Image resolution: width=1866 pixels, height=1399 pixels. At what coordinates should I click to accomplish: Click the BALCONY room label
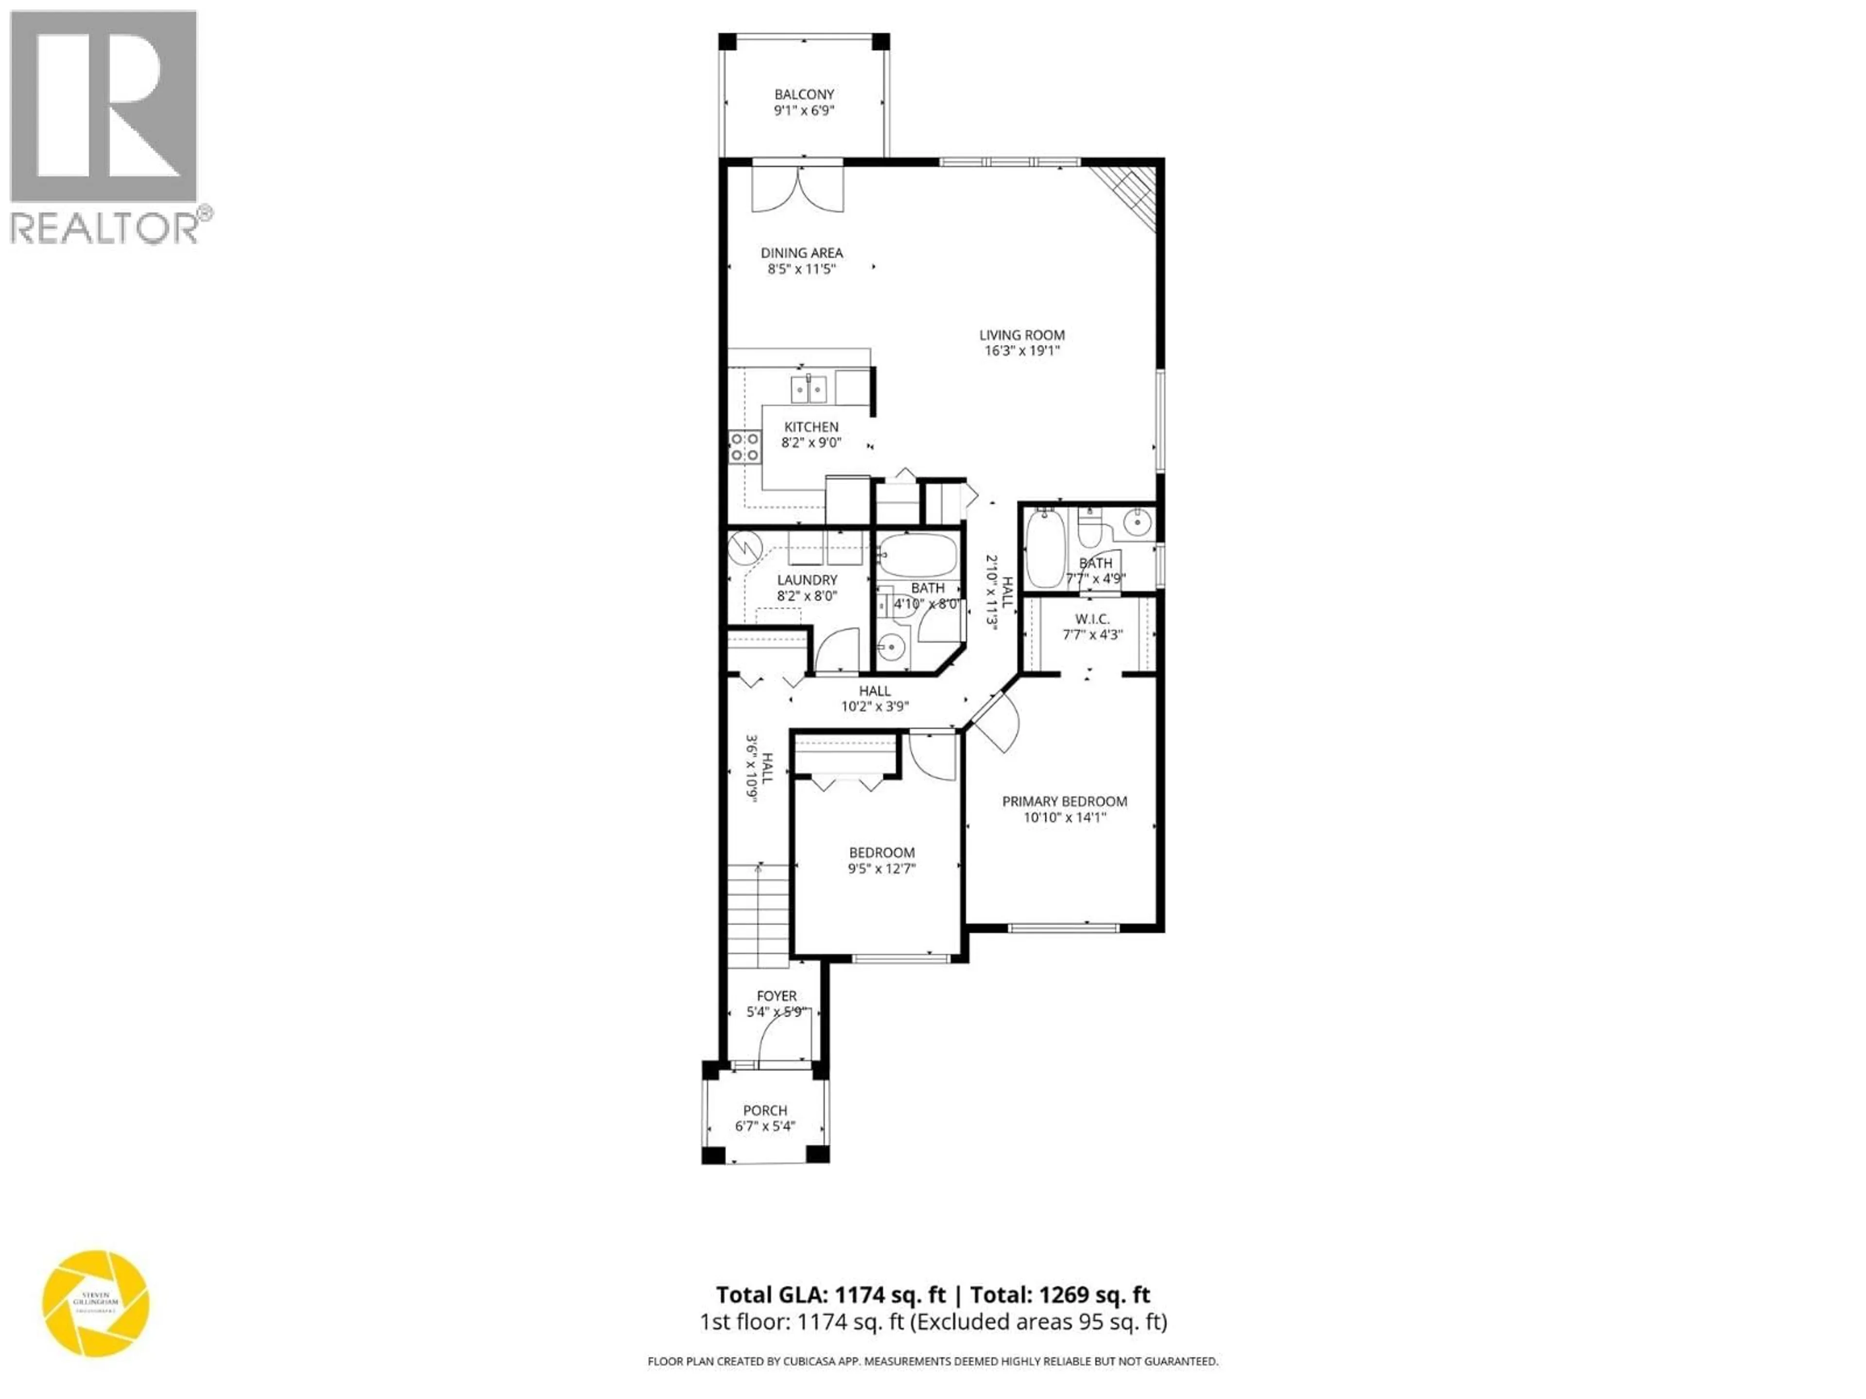804,94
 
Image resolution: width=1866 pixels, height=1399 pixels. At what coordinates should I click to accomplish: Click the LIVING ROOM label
1021,335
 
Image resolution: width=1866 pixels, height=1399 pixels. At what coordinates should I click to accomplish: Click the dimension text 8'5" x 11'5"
801,269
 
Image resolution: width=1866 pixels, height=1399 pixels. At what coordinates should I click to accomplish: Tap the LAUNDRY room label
807,580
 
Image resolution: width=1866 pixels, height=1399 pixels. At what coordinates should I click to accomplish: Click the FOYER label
776,996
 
